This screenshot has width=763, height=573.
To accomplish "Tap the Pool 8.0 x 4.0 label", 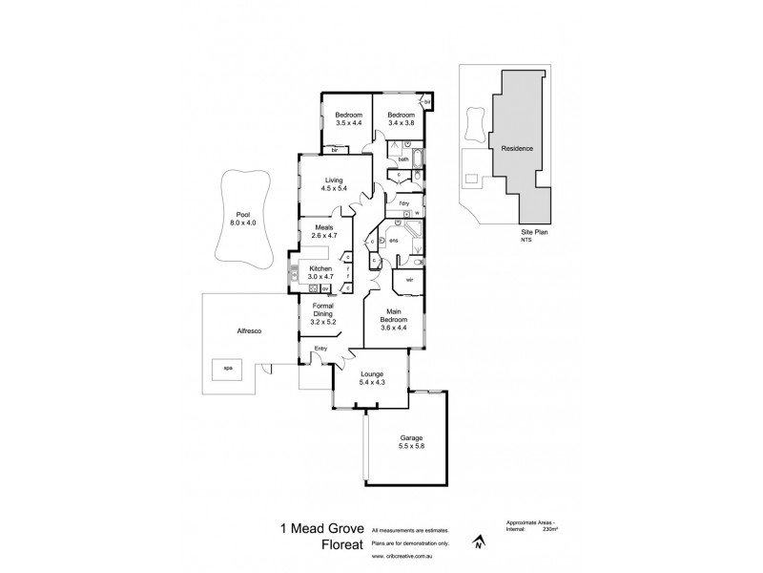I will click(243, 219).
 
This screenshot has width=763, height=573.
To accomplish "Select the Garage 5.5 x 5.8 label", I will click(411, 441).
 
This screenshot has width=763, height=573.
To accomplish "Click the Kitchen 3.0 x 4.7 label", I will click(320, 272).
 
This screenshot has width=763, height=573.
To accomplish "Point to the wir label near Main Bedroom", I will click(409, 280).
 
